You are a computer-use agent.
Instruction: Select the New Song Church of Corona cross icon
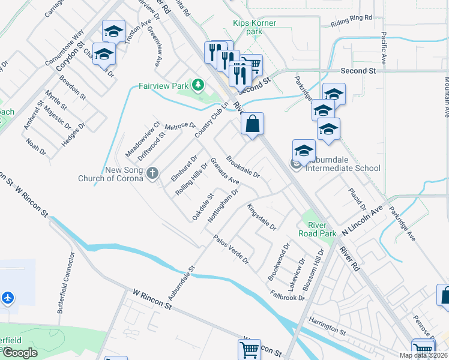[152, 174]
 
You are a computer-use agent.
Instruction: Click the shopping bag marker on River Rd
[253, 124]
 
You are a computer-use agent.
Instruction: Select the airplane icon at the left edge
[8, 297]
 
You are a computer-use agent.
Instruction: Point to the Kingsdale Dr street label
[261, 217]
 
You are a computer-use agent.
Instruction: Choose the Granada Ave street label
[224, 172]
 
